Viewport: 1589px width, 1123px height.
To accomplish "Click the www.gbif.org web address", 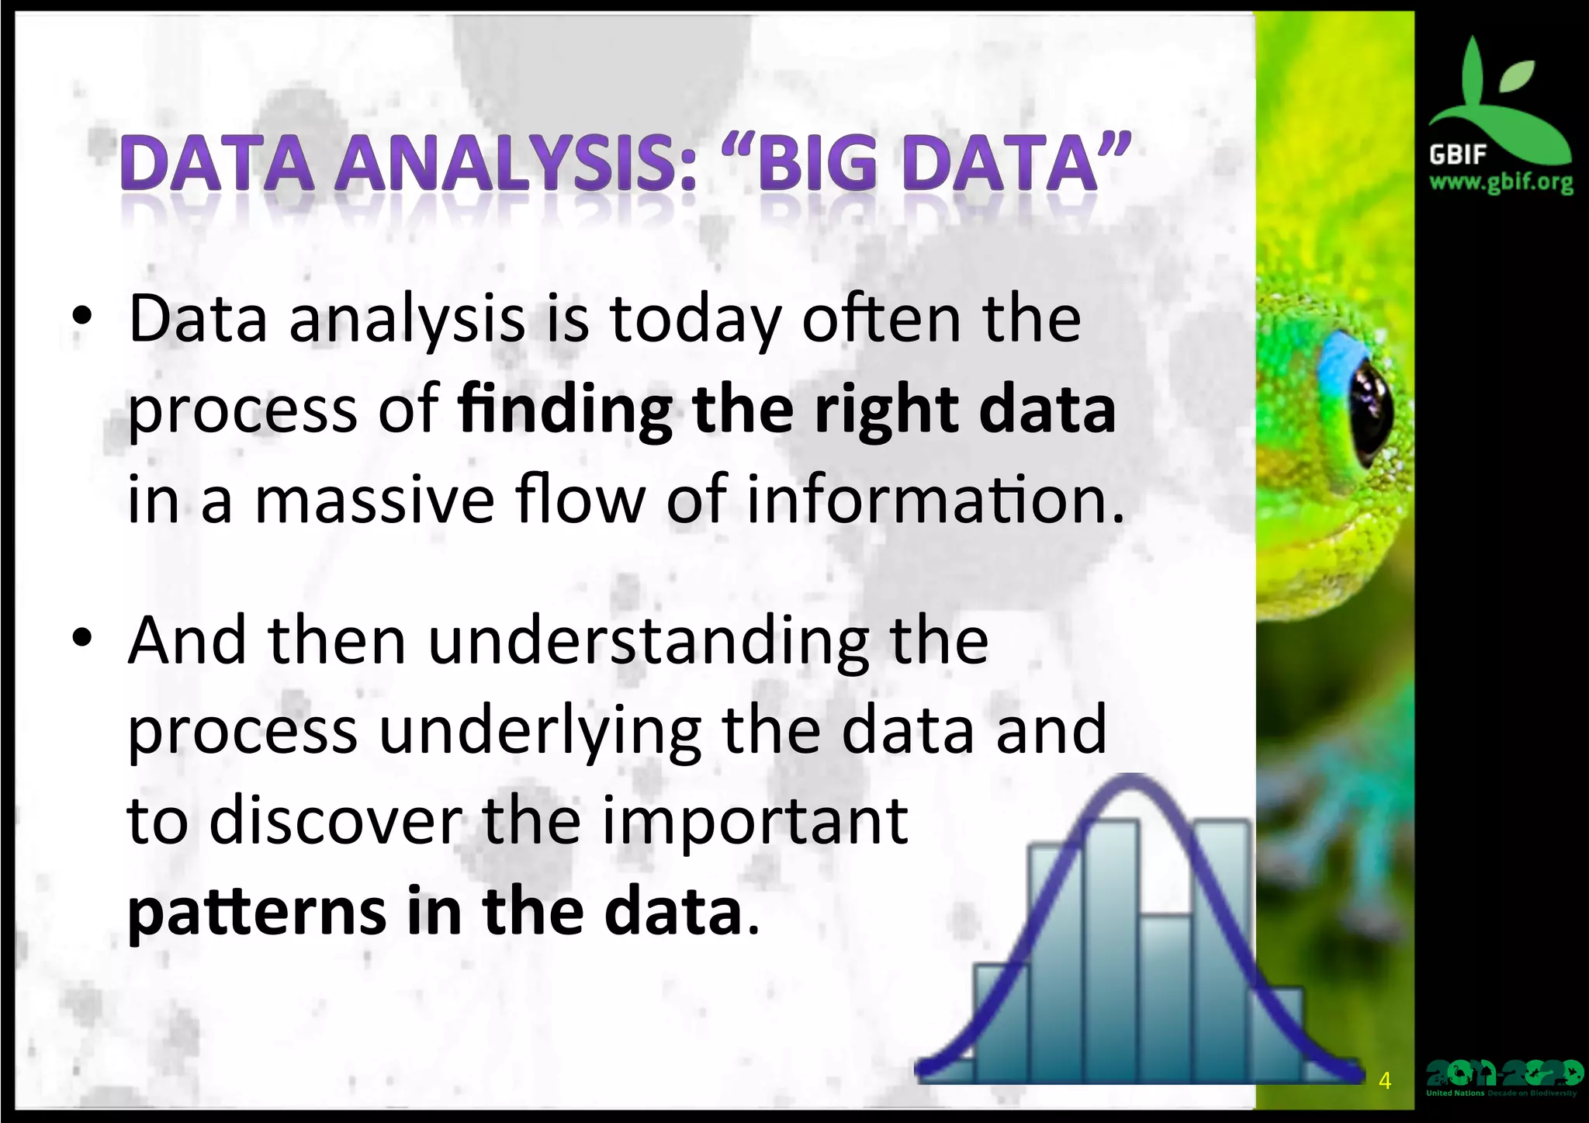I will [x=1501, y=183].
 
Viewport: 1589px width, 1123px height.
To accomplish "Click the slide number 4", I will [x=1385, y=1080].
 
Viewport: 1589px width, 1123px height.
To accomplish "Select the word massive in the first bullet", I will [x=375, y=501].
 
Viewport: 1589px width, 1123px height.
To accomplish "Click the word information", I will [x=935, y=501].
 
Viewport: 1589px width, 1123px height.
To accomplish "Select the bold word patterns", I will [x=257, y=912].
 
